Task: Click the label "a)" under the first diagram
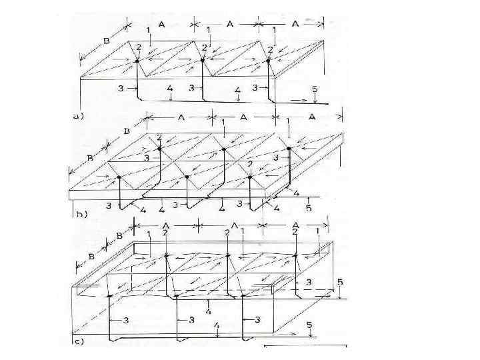pyautogui.click(x=79, y=115)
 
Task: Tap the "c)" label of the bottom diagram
pyautogui.click(x=78, y=342)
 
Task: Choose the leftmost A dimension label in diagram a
pyautogui.click(x=161, y=23)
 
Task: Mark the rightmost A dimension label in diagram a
pyautogui.click(x=295, y=23)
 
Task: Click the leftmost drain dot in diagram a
pyautogui.click(x=137, y=61)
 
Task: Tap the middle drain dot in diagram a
pyautogui.click(x=202, y=61)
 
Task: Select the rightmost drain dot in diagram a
pyautogui.click(x=268, y=61)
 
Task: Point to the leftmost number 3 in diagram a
pyautogui.click(x=121, y=88)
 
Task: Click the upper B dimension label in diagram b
pyautogui.click(x=127, y=131)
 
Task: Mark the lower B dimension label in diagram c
pyautogui.click(x=92, y=258)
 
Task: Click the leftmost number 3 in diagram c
pyautogui.click(x=126, y=321)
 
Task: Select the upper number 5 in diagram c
pyautogui.click(x=339, y=283)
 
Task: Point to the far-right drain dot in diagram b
pyautogui.click(x=289, y=147)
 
